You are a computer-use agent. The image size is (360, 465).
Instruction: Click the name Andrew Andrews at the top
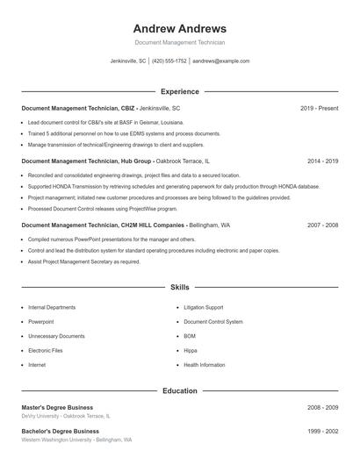tap(180, 28)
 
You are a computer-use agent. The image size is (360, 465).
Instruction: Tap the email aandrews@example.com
tap(221, 61)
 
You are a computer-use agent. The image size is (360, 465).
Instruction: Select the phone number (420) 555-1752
tap(169, 61)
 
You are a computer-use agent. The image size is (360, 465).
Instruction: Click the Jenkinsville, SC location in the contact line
tap(129, 61)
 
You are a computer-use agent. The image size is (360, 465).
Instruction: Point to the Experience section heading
tap(180, 91)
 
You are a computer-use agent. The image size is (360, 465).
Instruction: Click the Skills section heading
tap(180, 287)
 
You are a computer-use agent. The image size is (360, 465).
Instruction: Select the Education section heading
tap(180, 390)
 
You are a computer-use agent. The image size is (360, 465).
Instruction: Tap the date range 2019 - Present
tap(319, 108)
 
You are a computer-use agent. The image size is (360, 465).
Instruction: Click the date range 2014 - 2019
tap(322, 161)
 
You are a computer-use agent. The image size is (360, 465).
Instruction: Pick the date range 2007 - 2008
tap(322, 225)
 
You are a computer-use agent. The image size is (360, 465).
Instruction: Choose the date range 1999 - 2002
tap(322, 432)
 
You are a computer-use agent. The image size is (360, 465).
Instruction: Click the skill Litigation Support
tap(204, 308)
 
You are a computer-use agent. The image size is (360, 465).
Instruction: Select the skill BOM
tap(190, 336)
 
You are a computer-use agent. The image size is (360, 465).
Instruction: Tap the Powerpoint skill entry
tap(41, 322)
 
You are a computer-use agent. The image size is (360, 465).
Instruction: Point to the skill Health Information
tap(205, 365)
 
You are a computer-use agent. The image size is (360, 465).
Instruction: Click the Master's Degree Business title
tap(57, 408)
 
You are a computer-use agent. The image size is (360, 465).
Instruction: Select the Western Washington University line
tap(76, 440)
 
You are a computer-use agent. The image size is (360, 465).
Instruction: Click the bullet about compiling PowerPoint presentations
tap(110, 240)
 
